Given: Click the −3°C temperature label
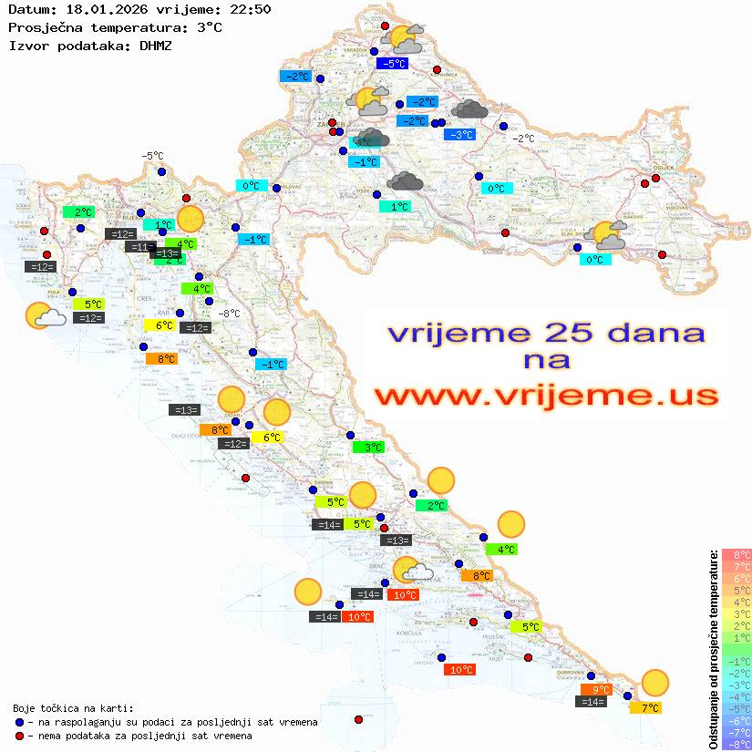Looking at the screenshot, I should click(x=460, y=135).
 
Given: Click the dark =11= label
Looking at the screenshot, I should click(x=140, y=247).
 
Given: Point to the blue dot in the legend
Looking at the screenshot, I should click(x=19, y=722).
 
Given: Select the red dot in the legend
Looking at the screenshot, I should click(x=19, y=736).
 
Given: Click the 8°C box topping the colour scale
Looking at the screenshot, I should click(x=736, y=554).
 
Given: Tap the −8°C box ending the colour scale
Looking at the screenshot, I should click(x=736, y=744).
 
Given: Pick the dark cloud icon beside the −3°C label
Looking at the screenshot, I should click(x=469, y=110).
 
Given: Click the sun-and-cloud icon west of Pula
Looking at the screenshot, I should click(x=44, y=315).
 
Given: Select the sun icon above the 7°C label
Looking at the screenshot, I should click(x=654, y=683).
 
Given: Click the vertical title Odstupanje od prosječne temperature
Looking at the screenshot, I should click(x=713, y=649).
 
